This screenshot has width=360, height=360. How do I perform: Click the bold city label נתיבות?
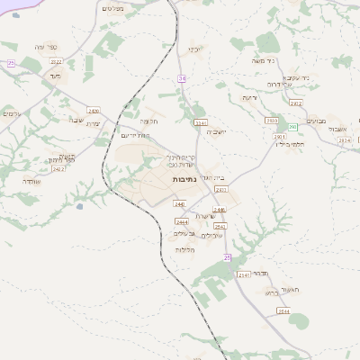pyautogui.click(x=184, y=179)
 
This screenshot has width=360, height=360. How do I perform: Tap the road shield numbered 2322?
pyautogui.click(x=57, y=61)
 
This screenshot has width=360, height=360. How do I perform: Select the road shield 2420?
pyautogui.click(x=94, y=111)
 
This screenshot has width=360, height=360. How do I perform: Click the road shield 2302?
pyautogui.click(x=295, y=103)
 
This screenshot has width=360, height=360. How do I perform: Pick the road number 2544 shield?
pyautogui.click(x=284, y=311)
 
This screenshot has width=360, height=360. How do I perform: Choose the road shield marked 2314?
pyautogui.click(x=343, y=140)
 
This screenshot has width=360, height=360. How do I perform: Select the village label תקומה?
pyautogui.click(x=149, y=120)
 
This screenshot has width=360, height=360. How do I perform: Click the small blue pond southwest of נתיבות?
pyautogui.click(x=81, y=206)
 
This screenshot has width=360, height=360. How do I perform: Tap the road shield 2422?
pyautogui.click(x=58, y=168)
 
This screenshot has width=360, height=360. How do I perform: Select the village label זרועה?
pyautogui.click(x=249, y=97)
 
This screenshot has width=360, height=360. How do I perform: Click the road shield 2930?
pyautogui.click(x=271, y=120)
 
